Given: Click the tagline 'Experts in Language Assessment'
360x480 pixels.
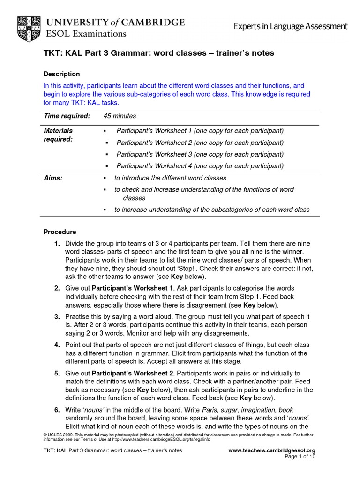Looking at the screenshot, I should pos(291,27).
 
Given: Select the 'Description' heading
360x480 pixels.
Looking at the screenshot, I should pos(61,74).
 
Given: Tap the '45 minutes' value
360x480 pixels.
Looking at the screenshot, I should pos(120,116).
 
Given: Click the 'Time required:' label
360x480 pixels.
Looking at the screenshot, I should pos(67,116).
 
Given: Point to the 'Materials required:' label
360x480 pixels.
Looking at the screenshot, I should pos(59,135).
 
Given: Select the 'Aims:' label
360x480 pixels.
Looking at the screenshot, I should pos(53,178).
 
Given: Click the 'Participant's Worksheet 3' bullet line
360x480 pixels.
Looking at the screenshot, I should pos(200,154).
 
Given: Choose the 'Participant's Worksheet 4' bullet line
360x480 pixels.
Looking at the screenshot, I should pos(200,166).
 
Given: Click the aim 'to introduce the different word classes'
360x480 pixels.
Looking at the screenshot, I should pos(170,178).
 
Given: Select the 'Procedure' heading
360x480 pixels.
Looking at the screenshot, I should pos(60,232).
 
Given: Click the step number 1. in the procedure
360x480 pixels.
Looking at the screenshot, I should pos(57,244).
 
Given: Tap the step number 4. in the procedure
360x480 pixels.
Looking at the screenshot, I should pos(57,345).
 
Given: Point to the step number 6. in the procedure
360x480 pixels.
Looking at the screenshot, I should pos(57,410).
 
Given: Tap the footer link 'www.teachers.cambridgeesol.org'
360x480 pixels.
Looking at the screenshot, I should pos(271,450).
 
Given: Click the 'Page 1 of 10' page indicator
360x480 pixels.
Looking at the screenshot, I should pos(300,457).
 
